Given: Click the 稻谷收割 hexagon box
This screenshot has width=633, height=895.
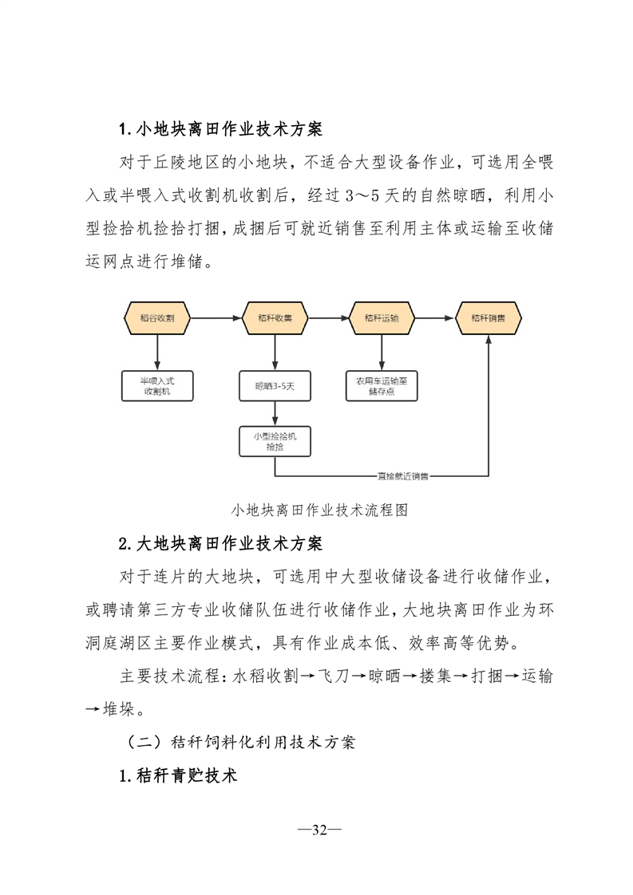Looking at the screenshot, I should (x=157, y=317).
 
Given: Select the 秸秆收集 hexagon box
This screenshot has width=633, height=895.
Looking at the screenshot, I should (x=275, y=317).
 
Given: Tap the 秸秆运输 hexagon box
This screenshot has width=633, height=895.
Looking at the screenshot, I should (x=381, y=317).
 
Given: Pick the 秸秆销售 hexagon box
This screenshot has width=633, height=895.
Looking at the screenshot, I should (x=488, y=317).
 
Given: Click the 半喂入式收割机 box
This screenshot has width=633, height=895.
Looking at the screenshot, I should (x=157, y=386).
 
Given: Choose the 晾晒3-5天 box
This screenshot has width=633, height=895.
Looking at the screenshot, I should (x=275, y=386).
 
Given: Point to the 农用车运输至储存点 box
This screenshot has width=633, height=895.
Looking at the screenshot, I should (x=381, y=386).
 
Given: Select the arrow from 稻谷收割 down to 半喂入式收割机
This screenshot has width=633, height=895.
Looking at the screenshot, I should (x=157, y=351).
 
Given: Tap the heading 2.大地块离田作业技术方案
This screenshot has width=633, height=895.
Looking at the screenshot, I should (x=220, y=544).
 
